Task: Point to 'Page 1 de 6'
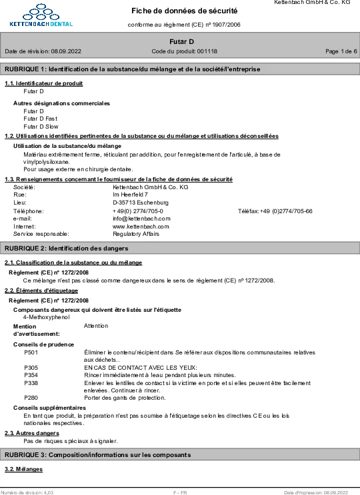[341, 51]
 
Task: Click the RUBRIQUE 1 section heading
[132, 69]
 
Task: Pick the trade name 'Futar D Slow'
[41, 126]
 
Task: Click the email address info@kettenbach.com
[141, 218]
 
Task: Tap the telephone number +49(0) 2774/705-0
[138, 211]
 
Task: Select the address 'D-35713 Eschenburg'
[140, 203]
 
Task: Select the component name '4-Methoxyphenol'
[46, 317]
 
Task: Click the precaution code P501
[31, 352]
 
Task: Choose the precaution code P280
[31, 398]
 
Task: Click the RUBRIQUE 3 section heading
[97, 455]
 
